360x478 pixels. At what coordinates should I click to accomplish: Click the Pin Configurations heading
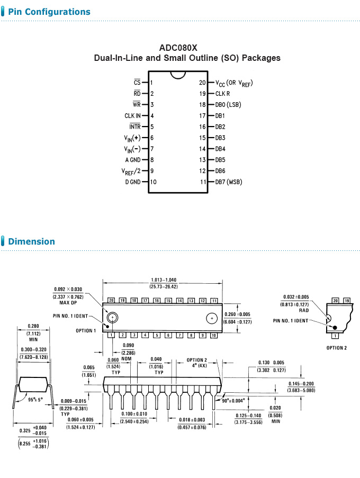pyautogui.click(x=49, y=12)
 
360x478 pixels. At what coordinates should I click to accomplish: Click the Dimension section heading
pyautogui.click(x=31, y=241)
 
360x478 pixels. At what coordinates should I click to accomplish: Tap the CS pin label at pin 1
pyautogui.click(x=137, y=83)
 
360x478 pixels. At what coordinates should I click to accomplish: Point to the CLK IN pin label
pyautogui.click(x=132, y=115)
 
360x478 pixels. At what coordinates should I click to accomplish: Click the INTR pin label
pyautogui.click(x=134, y=127)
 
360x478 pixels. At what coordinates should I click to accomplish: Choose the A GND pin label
pyautogui.click(x=132, y=159)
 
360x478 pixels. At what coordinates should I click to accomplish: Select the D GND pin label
pyautogui.click(x=132, y=182)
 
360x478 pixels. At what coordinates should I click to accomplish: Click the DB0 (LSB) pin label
pyautogui.click(x=228, y=105)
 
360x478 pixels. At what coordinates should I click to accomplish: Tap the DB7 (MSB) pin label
pyautogui.click(x=228, y=182)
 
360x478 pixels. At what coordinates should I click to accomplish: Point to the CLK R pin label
pyautogui.click(x=222, y=94)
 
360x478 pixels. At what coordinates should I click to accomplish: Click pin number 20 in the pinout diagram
pyautogui.click(x=202, y=83)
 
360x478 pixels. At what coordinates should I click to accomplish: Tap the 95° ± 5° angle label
pyautogui.click(x=36, y=400)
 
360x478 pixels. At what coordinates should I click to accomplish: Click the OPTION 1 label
pyautogui.click(x=86, y=331)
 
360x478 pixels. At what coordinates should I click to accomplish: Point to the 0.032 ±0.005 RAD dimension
pyautogui.click(x=295, y=297)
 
